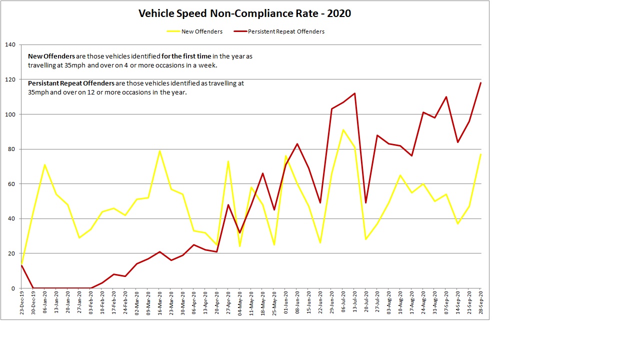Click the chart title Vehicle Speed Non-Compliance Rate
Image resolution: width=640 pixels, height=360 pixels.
244,13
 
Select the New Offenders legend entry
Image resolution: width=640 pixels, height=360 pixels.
202,31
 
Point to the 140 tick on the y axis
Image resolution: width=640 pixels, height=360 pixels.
10,44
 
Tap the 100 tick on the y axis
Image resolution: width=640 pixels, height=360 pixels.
10,114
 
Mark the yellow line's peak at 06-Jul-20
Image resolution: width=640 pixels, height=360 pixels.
343,130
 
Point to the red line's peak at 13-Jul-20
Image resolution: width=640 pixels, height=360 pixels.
354,93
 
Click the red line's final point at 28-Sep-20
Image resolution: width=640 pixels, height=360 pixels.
481,82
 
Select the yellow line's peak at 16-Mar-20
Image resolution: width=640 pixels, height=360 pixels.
159,150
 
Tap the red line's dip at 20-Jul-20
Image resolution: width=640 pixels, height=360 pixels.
366,202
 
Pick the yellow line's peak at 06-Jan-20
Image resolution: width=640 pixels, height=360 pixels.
44,164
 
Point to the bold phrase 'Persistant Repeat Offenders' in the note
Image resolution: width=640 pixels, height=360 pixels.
71,83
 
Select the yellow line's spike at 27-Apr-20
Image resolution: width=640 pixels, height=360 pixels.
228,161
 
